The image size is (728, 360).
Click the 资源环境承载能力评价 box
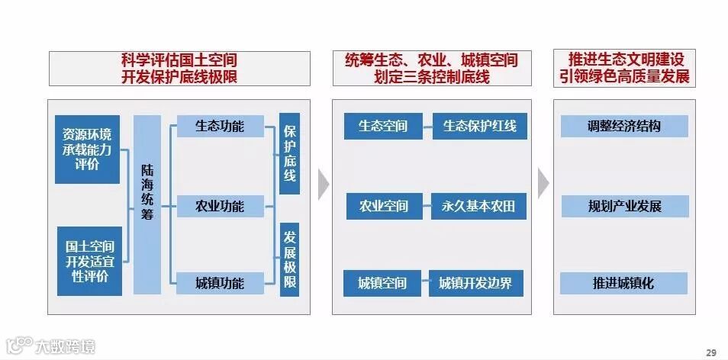(87, 149)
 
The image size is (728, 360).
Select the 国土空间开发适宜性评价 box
(87, 261)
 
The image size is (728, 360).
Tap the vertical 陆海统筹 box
(147, 204)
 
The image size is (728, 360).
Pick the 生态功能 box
(220, 126)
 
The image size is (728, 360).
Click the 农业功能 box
(220, 206)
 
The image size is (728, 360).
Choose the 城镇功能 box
(220, 284)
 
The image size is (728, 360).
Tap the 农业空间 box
(383, 206)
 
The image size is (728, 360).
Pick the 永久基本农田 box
(479, 206)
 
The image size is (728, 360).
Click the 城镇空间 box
(382, 284)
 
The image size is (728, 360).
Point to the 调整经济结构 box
(624, 126)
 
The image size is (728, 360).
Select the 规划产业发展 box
(624, 206)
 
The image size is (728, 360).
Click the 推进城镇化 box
(624, 284)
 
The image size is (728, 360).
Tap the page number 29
(711, 352)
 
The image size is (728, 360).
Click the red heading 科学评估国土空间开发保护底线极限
(179, 68)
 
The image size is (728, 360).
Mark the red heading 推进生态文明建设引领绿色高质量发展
(624, 68)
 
